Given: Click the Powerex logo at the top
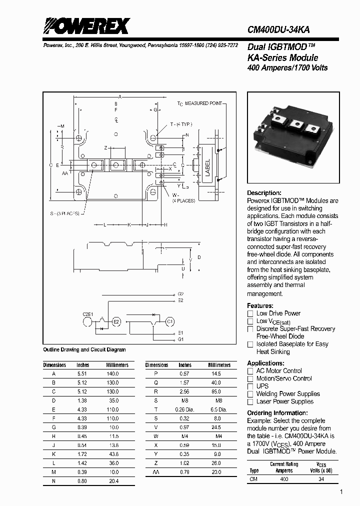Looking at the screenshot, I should coord(86,25).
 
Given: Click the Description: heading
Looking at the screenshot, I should coord(264,193).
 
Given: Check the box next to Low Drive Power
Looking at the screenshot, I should coord(250,313).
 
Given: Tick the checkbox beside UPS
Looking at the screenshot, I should coord(250,386).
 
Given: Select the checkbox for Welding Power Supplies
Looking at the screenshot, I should coord(250,393).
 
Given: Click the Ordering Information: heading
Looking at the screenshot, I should coord(277,413).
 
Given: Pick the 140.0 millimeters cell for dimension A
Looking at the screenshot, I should coord(113,373).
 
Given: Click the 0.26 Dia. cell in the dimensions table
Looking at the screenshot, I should coord(185,409).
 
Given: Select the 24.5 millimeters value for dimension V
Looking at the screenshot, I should coord(216,426).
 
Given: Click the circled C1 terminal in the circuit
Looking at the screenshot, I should coord(169,321).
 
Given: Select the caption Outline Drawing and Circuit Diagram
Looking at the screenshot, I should coord(84,349).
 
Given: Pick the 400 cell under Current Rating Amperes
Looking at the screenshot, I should coord(284,479).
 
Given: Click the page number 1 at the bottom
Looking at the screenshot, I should coord(341,492).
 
